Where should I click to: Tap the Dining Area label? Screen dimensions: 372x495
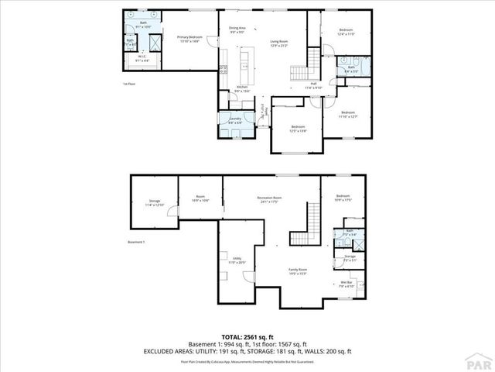[x=237, y=30]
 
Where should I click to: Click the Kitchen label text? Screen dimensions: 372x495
[x=242, y=88]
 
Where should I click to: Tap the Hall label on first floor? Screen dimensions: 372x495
[x=314, y=84]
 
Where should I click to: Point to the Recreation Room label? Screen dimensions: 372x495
[x=269, y=198]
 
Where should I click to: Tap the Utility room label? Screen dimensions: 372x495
[x=232, y=261]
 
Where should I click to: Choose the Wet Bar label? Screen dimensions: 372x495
[x=346, y=283]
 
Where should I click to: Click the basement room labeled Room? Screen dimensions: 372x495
[x=200, y=198]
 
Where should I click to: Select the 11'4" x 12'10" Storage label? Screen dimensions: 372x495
[x=155, y=202]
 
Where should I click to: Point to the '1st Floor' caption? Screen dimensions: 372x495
[x=128, y=83]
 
